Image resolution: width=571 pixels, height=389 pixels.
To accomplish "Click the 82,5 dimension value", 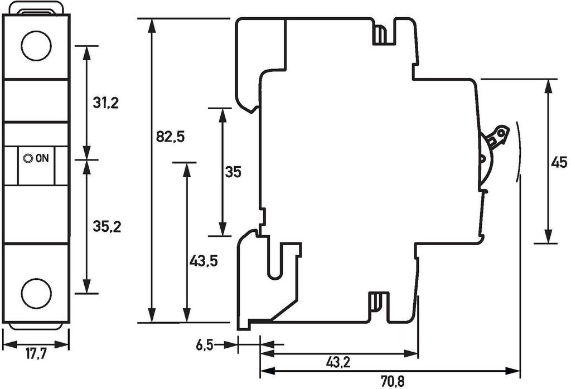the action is tap(170, 137).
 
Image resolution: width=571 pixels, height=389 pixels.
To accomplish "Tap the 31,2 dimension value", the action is tap(106, 103).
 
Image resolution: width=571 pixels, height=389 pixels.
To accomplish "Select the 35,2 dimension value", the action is tap(106, 227).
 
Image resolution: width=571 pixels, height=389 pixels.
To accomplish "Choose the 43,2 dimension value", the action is tap(338, 363).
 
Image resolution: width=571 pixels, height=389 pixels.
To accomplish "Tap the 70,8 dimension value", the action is tap(393, 382).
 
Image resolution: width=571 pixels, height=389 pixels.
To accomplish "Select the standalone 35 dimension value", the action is tap(233, 173).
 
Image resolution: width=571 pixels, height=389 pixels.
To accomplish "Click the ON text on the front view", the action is tap(42, 158).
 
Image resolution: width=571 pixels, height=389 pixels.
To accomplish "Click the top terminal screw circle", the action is tap(36, 46).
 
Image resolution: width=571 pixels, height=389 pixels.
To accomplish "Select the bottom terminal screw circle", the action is tap(36, 293).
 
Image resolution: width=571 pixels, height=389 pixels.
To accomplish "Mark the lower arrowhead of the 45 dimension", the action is tap(549, 237).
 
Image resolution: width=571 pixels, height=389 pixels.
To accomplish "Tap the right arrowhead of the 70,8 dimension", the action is tap(515, 370).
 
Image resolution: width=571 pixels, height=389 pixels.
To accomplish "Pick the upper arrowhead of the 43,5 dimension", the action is tap(186, 168).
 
